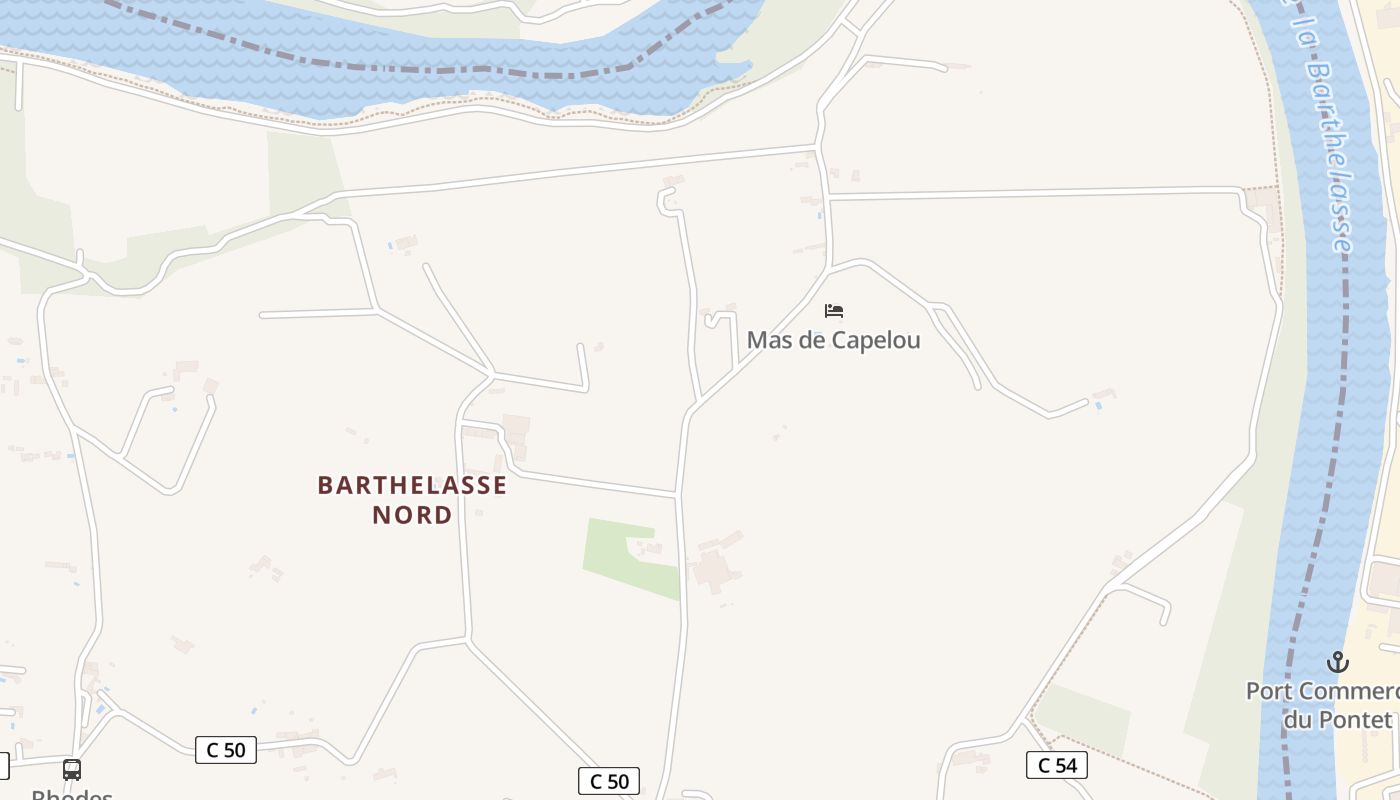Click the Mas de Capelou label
click(x=833, y=340)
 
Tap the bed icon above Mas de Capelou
click(x=834, y=311)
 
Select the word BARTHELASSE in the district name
click(x=412, y=485)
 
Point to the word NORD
click(x=412, y=515)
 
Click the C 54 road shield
click(x=1056, y=766)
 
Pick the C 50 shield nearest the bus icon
click(x=226, y=750)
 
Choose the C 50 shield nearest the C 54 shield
click(x=608, y=782)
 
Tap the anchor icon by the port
click(x=1337, y=662)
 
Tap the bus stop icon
click(x=72, y=770)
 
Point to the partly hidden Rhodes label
click(x=72, y=794)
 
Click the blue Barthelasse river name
click(x=1331, y=160)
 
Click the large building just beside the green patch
click(x=713, y=570)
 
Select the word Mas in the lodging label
click(x=768, y=340)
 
